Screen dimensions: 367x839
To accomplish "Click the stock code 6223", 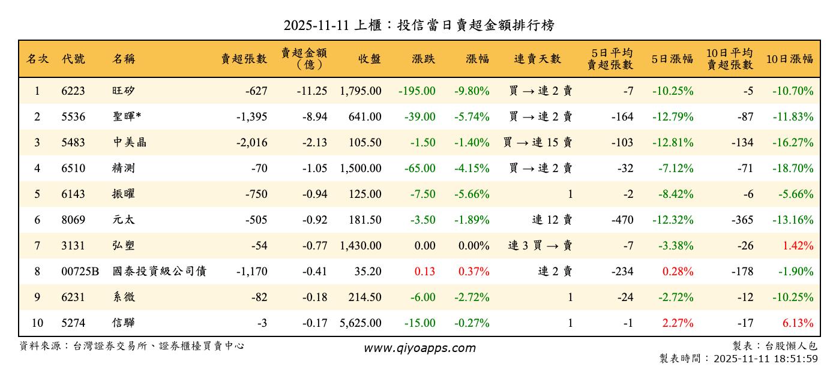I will tap(73, 91).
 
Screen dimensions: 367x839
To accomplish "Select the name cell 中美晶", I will tap(129, 143).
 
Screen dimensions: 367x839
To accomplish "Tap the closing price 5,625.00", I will tap(360, 323).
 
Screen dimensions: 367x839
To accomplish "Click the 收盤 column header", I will tap(370, 59).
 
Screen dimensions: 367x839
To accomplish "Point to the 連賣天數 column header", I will tap(537, 59).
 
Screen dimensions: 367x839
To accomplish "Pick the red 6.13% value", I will tap(798, 323).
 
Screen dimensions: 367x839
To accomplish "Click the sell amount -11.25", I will tap(311, 91).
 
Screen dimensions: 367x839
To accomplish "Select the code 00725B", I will tap(80, 272).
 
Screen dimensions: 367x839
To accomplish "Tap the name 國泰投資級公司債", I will tap(159, 272).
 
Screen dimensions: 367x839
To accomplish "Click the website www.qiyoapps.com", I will tap(419, 348).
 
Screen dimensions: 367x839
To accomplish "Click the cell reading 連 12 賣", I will tap(552, 220).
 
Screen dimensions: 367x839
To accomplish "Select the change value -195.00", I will tap(416, 91).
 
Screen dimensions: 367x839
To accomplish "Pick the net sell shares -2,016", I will tap(251, 143).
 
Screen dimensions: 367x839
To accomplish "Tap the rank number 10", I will tap(37, 323).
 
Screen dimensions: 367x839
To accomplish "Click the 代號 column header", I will tap(73, 59).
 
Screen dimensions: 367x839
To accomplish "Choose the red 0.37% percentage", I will tap(474, 272).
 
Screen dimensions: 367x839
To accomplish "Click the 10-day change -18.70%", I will tap(793, 169).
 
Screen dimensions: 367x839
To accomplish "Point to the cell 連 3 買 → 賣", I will tap(540, 246).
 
